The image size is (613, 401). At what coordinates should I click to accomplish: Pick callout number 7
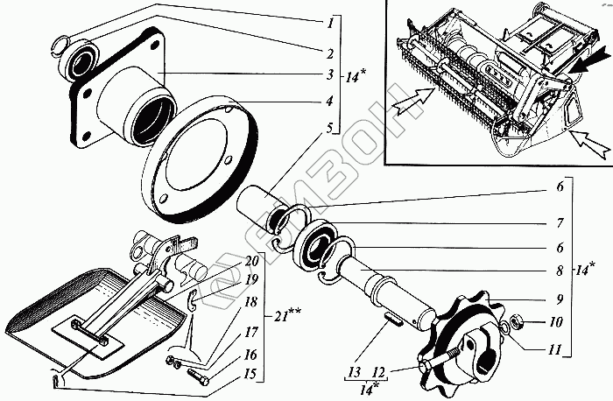tap(559, 223)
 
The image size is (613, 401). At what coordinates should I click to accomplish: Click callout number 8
tap(559, 271)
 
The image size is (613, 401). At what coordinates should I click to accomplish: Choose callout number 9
tap(559, 297)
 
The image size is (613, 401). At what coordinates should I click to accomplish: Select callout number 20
tap(251, 261)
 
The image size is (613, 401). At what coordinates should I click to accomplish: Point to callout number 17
tap(250, 334)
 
